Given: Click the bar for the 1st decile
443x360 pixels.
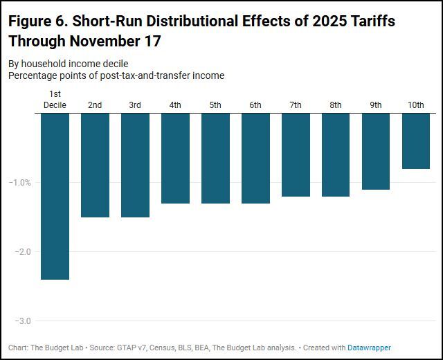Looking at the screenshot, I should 55,196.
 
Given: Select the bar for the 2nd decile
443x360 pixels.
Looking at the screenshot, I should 95,165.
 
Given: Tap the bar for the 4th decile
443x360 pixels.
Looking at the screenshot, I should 175,158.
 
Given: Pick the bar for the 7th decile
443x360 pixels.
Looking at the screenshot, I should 296,154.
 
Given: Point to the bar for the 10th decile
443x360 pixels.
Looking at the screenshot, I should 416,141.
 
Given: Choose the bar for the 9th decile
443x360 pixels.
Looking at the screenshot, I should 376,151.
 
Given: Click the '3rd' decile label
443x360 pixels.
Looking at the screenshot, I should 135,105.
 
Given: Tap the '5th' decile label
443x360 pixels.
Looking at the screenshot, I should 215,105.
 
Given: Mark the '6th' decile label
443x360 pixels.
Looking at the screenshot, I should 255,105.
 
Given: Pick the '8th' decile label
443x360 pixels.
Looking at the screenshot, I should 336,105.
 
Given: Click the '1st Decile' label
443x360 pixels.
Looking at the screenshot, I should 55,99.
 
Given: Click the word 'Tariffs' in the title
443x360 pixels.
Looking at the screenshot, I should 370,21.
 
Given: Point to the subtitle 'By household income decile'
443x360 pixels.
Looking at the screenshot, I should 69,64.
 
